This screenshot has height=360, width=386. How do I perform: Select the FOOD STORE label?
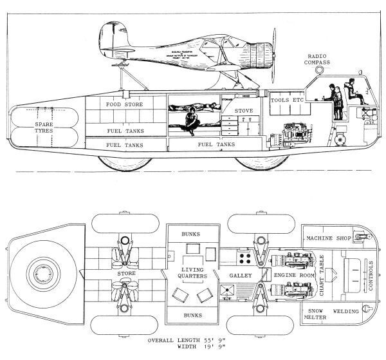[125, 104]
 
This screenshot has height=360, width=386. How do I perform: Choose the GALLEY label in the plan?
[239, 276]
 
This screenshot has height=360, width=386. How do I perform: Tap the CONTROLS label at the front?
[369, 273]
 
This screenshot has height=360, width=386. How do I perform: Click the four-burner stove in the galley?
[245, 257]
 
